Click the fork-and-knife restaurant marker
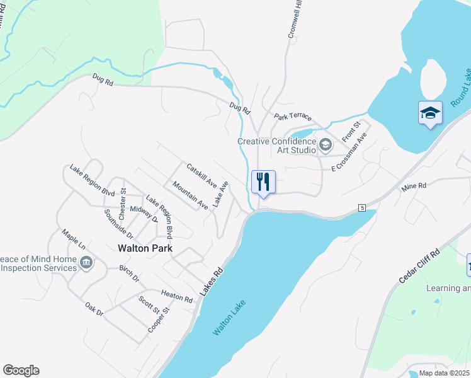(x=264, y=181)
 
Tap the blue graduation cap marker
(x=430, y=113)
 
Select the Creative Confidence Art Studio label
(x=276, y=146)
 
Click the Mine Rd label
(x=414, y=186)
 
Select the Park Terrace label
(x=293, y=117)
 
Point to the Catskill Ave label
(x=201, y=176)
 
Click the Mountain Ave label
(x=190, y=195)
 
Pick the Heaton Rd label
(x=176, y=295)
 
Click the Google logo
(x=21, y=370)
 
